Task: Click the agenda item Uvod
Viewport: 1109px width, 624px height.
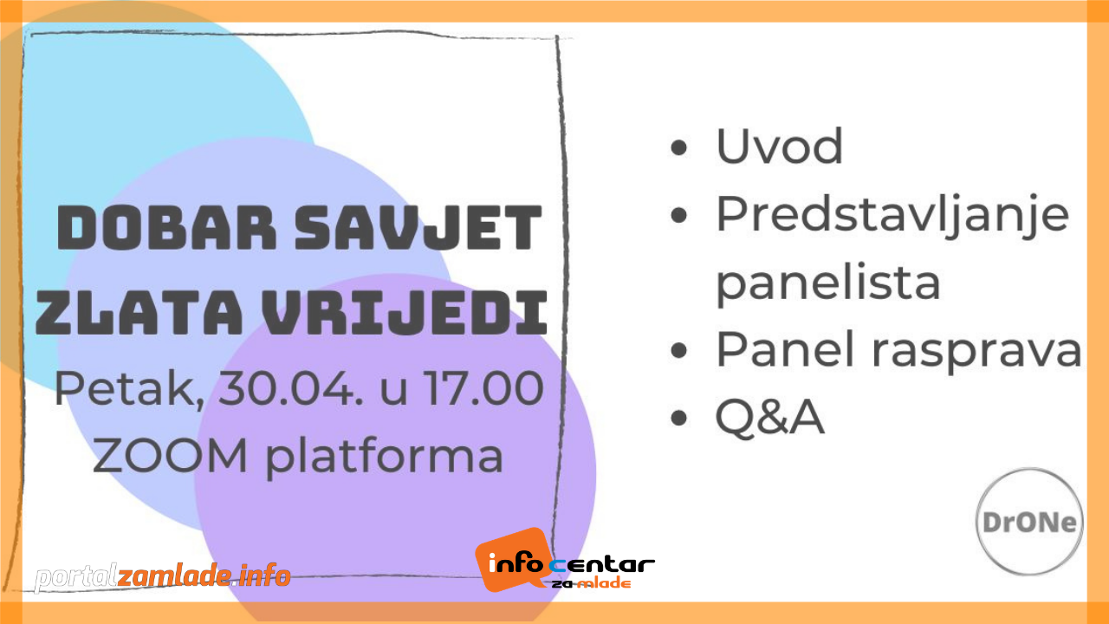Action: click(779, 146)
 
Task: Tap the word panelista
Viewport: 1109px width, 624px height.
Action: click(827, 282)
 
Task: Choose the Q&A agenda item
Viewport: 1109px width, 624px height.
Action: click(769, 419)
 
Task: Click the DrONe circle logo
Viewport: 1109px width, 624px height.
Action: click(1029, 522)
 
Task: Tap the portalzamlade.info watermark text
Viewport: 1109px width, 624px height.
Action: click(162, 575)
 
